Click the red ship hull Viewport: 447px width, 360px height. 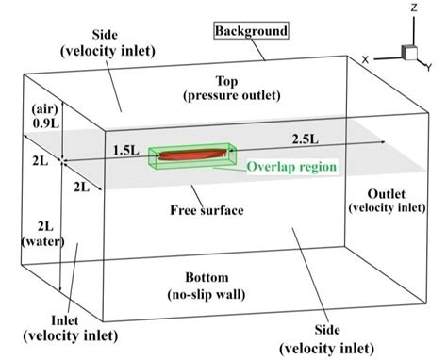pos(188,154)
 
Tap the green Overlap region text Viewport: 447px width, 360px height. pos(293,168)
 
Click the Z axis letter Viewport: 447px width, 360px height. pos(413,8)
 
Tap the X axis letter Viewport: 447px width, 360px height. pos(365,58)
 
